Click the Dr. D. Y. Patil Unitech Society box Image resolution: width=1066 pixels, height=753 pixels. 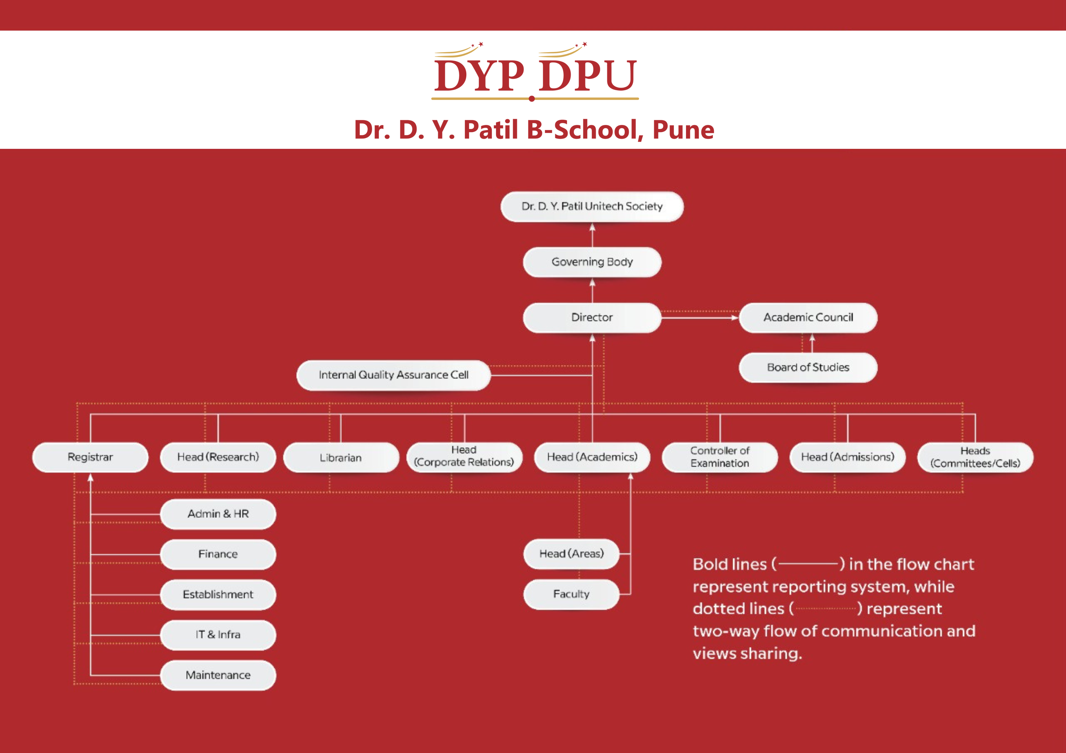coord(592,206)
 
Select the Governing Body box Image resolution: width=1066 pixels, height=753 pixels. coord(592,262)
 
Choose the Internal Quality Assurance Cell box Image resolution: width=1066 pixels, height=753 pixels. coord(393,375)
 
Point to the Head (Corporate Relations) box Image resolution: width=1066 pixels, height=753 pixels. coord(464,457)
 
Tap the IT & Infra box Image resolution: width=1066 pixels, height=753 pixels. coord(218,635)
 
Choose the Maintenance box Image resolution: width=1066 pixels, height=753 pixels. coord(218,675)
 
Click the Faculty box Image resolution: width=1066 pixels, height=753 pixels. coord(571,594)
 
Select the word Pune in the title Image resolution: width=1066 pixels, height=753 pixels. coord(683,130)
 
